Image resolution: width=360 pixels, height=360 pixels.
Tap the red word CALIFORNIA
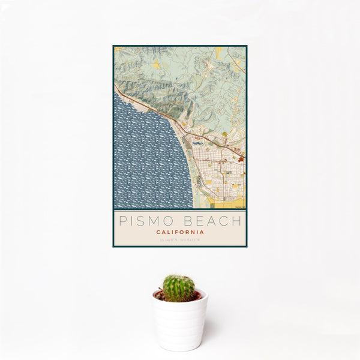[180, 232]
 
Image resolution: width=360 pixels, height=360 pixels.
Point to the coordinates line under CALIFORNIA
[180, 240]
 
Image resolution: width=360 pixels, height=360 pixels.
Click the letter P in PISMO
[123, 221]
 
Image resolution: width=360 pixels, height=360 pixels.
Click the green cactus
[179, 288]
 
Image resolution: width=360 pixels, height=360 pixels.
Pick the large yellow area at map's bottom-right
[231, 203]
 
